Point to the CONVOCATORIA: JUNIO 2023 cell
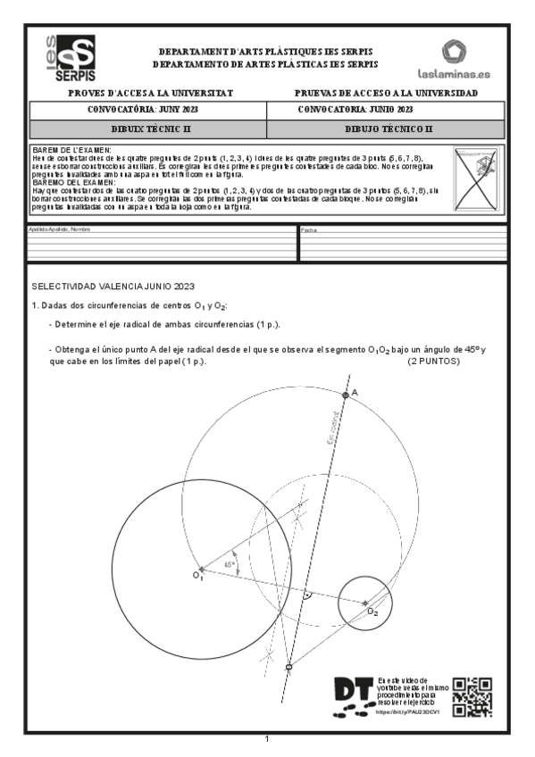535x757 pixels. click(x=355, y=110)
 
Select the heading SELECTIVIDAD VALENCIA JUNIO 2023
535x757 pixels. click(x=113, y=287)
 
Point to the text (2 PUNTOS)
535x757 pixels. click(x=433, y=362)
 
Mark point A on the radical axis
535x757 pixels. click(x=346, y=394)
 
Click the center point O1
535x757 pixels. click(x=201, y=569)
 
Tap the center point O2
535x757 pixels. click(x=365, y=603)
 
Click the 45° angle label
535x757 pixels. click(x=230, y=565)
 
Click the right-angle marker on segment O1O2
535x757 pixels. click(x=306, y=594)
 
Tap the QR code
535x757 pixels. click(x=472, y=697)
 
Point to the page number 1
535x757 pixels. click(x=267, y=738)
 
